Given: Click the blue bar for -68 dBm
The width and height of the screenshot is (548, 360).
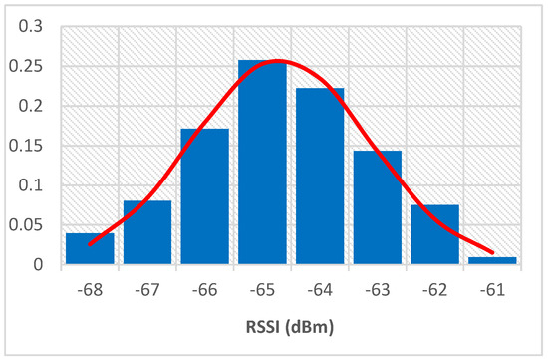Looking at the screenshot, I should (90, 249).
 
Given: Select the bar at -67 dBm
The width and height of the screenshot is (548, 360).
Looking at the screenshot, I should (147, 233).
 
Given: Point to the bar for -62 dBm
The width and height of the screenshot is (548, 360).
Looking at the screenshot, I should (435, 235).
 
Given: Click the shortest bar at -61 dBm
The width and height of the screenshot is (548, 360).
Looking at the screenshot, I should (492, 261).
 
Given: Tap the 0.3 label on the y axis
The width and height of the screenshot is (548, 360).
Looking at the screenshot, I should (33, 27).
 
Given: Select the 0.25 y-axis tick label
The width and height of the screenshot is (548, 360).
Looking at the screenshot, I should (29, 67).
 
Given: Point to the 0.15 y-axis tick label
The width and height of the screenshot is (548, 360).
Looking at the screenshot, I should (29, 146).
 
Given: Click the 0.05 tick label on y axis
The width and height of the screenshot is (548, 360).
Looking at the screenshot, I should (29, 225).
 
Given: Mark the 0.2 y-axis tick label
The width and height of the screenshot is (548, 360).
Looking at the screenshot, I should (33, 107).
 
